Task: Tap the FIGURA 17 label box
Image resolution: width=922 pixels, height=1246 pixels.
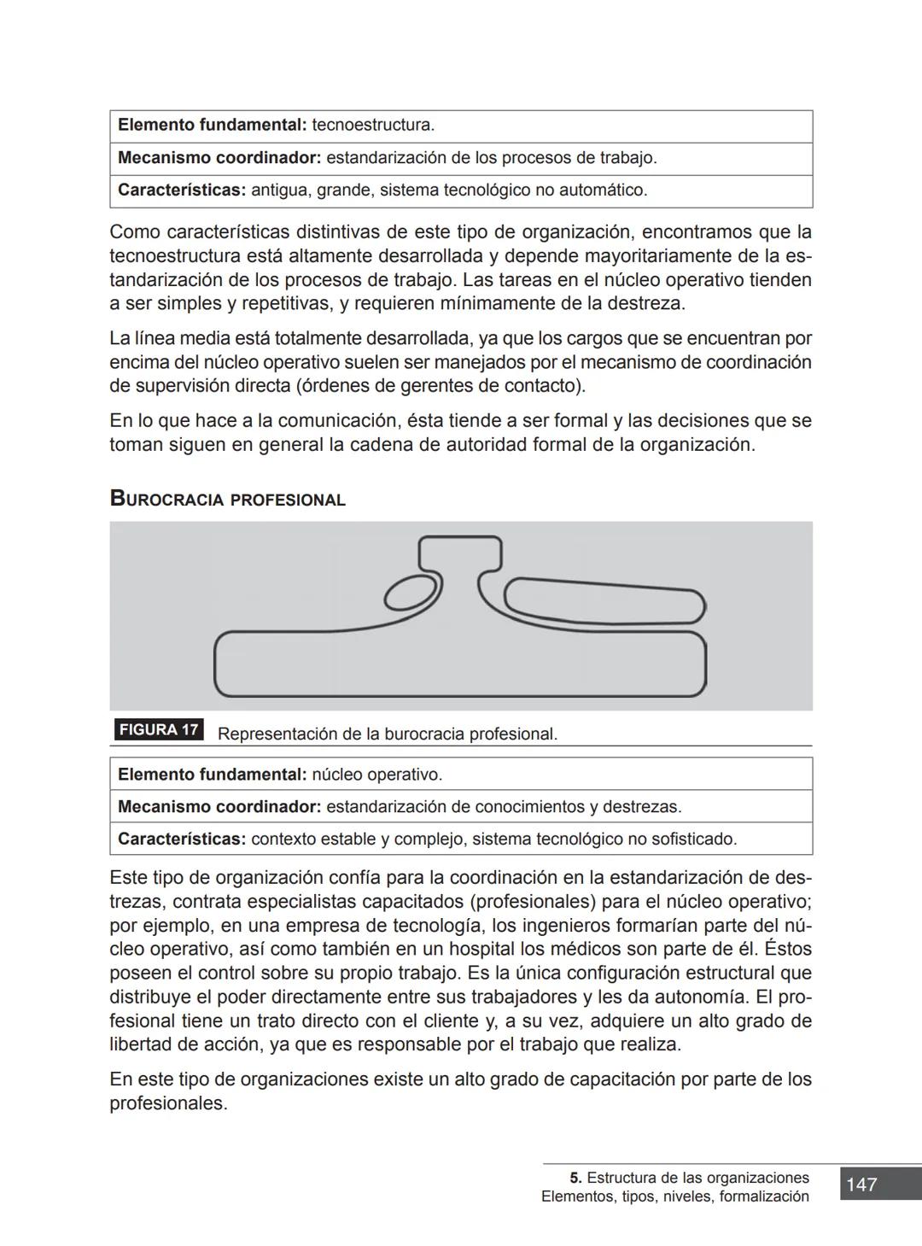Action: (x=159, y=730)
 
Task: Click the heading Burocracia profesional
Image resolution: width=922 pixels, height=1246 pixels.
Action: (x=227, y=500)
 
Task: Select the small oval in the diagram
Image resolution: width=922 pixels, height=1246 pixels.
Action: (x=409, y=592)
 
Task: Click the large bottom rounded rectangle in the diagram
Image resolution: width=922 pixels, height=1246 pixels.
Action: (x=461, y=664)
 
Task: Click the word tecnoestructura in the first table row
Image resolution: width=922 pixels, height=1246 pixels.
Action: (x=372, y=126)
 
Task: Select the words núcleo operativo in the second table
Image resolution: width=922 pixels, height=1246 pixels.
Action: (x=376, y=775)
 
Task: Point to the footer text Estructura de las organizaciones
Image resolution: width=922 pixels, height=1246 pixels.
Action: (x=697, y=1178)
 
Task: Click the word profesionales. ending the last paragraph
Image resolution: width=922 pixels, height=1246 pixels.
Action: (x=168, y=1103)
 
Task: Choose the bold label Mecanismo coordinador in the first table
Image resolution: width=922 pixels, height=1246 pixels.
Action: (x=219, y=158)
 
